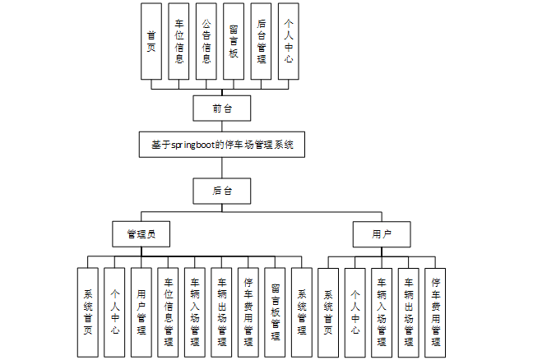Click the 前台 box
point(218,108)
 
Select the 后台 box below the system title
point(218,190)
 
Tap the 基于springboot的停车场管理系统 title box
point(222,145)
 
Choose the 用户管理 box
point(141,312)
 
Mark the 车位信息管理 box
point(169,312)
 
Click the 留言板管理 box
point(276,312)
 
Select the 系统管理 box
point(302,312)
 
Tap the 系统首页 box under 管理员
point(88,312)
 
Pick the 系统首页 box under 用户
point(328,312)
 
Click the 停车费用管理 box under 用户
point(436,312)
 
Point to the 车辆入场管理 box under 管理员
point(195,312)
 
